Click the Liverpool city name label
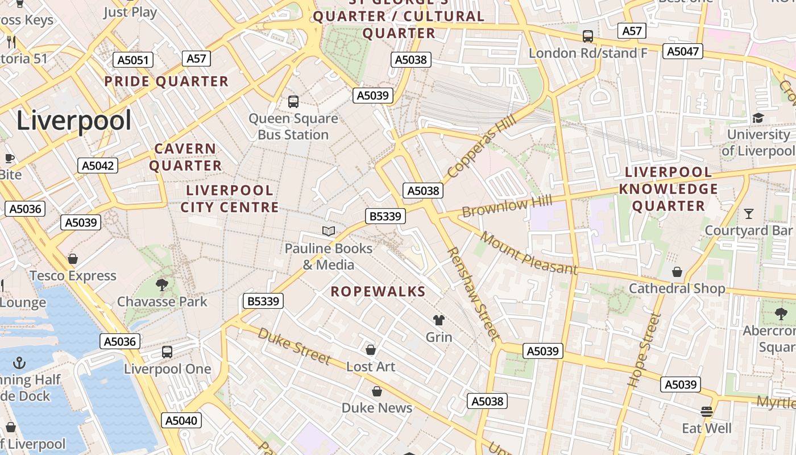74,121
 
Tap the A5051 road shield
133,60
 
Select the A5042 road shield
98,166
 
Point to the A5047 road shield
682,52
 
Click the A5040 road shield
181,421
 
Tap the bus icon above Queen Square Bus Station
293,102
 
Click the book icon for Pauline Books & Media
329,231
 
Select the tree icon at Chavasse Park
162,284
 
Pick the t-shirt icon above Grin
439,320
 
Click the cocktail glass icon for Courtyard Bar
748,214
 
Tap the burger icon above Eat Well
707,411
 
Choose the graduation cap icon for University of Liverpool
758,118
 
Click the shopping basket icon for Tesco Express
73,259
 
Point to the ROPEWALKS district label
378,292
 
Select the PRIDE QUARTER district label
166,81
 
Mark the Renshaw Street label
472,294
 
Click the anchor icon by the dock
20,362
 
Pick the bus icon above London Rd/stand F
588,36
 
